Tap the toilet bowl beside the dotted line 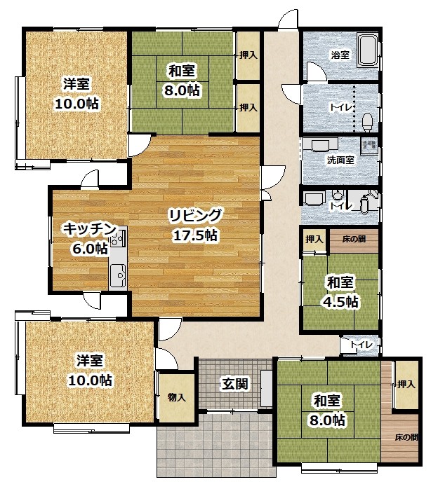(x=367, y=121)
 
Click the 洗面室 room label (x=340, y=160)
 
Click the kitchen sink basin (x=117, y=275)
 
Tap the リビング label (x=196, y=216)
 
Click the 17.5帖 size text (x=195, y=235)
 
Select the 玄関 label (x=235, y=383)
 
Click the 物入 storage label (x=177, y=397)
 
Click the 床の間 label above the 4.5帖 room (x=354, y=239)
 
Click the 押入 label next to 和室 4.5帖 (x=314, y=239)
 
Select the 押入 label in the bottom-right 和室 (x=406, y=384)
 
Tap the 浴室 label (x=340, y=55)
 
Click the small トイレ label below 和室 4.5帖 (x=361, y=345)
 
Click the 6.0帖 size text (x=90, y=249)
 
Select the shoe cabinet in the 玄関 (x=267, y=389)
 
